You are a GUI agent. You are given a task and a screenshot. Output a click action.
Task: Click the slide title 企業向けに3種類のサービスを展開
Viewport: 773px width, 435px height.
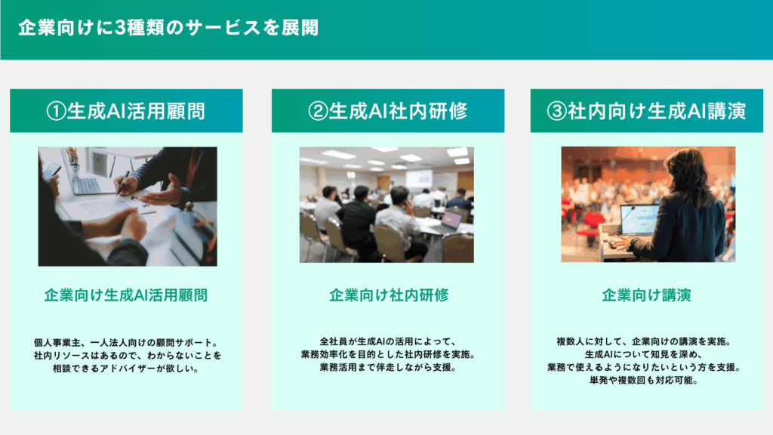[168, 28]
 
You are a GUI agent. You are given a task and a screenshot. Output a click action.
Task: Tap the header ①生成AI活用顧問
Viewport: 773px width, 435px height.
[126, 111]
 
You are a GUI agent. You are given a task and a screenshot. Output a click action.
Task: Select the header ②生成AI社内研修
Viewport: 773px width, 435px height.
[387, 111]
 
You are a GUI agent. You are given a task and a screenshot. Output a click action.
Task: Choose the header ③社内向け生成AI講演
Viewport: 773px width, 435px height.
[646, 111]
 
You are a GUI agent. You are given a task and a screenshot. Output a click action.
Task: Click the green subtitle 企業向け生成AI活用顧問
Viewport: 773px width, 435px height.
[126, 295]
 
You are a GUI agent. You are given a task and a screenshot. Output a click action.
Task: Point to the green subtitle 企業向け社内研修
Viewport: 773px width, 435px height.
[389, 295]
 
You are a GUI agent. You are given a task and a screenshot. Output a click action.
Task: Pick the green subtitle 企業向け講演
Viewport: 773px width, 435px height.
[646, 295]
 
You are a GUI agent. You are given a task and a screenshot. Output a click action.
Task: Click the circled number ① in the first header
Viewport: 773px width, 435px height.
[56, 111]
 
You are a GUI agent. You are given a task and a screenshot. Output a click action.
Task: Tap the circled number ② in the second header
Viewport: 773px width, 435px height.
[318, 111]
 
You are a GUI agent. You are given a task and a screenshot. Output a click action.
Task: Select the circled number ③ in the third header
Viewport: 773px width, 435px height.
[556, 111]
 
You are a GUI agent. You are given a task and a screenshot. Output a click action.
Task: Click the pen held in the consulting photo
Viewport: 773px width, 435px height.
[123, 183]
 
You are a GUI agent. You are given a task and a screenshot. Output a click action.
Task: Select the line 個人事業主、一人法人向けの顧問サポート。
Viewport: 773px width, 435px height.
[126, 342]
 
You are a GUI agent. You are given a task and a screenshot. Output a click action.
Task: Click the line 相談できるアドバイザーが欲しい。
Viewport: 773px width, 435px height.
[126, 369]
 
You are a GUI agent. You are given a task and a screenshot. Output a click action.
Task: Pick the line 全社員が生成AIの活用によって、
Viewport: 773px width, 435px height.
[387, 341]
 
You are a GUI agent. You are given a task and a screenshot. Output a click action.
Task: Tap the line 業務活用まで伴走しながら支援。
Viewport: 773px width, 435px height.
[387, 368]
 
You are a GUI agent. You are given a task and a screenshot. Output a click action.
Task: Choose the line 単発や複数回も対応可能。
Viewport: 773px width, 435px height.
[643, 381]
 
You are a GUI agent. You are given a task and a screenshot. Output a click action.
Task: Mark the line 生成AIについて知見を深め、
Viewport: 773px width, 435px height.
[643, 354]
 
